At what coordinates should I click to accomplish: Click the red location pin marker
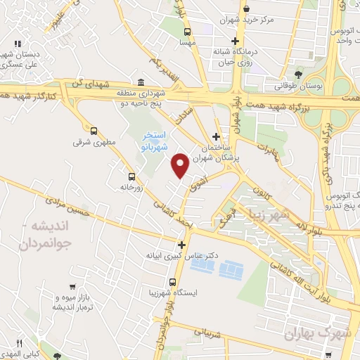(181, 165)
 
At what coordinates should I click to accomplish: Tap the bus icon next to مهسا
(186, 32)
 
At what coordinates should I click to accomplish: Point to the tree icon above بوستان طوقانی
(299, 74)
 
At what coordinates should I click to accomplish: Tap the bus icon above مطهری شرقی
(94, 130)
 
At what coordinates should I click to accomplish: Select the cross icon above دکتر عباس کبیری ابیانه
(182, 245)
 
